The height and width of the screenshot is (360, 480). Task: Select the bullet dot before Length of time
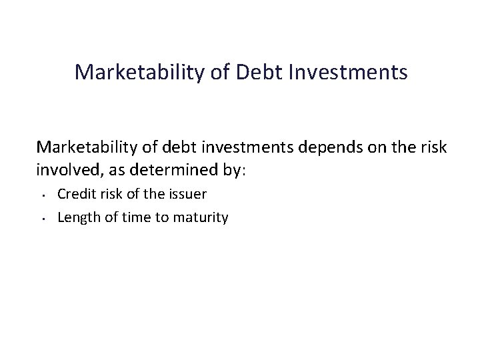point(42,218)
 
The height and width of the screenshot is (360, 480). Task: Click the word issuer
point(190,194)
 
